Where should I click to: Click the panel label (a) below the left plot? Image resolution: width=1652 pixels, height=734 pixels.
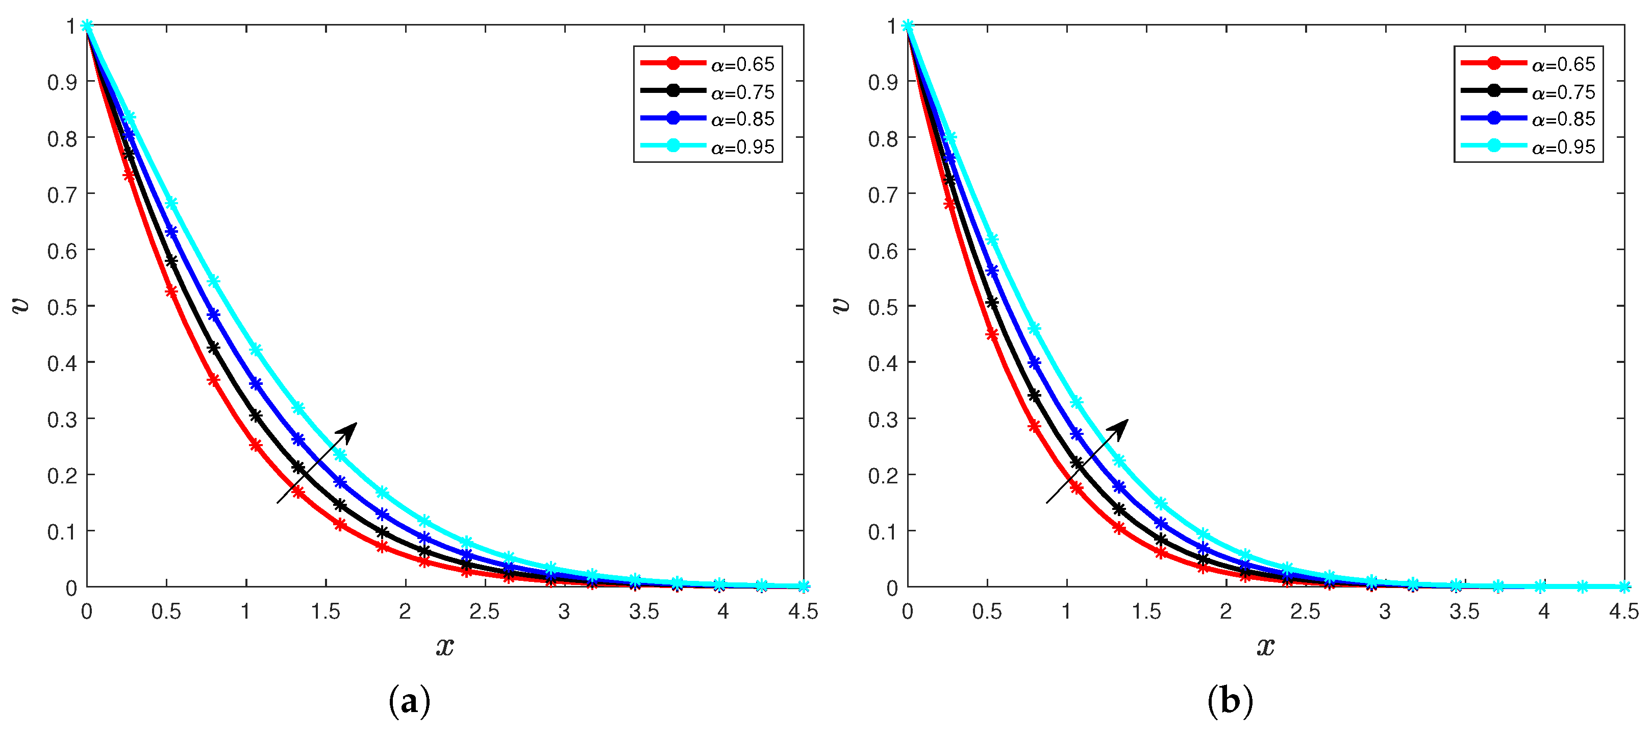click(x=409, y=701)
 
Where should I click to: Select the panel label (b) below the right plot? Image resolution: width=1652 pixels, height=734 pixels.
click(x=1230, y=701)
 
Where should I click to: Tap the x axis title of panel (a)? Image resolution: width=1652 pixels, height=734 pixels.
click(x=445, y=646)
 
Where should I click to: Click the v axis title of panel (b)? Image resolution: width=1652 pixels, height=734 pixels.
click(x=841, y=305)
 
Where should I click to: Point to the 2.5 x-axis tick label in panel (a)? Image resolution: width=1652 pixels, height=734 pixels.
click(x=484, y=612)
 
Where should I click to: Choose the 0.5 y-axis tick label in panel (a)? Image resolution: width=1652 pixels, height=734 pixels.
click(x=62, y=307)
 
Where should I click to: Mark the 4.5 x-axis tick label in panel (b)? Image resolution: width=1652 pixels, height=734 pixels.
click(x=1624, y=612)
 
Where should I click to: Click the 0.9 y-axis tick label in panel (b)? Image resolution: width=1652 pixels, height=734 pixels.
click(x=883, y=82)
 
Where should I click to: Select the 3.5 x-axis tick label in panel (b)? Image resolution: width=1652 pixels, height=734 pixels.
click(x=1465, y=612)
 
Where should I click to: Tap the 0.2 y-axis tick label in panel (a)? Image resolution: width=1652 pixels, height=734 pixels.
click(x=62, y=475)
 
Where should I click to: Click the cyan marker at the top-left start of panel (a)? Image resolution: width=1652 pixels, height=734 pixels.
click(x=87, y=26)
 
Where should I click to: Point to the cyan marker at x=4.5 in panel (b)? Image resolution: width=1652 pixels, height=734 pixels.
click(x=1624, y=586)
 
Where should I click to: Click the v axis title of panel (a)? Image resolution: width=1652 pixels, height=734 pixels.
click(x=20, y=305)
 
